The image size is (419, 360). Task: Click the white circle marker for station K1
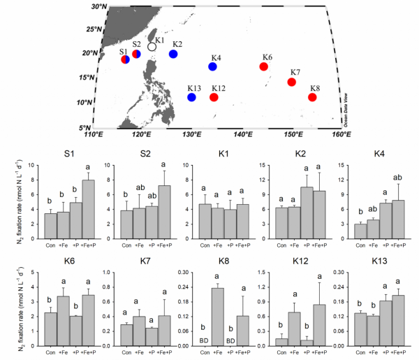click(152, 47)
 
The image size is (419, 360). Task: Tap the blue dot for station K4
click(212, 67)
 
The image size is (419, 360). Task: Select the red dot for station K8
click(312, 97)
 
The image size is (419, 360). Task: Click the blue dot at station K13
click(191, 97)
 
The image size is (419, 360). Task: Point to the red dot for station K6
click(263, 66)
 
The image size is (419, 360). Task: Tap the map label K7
click(295, 73)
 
